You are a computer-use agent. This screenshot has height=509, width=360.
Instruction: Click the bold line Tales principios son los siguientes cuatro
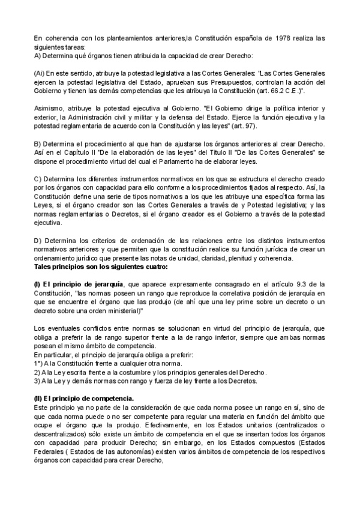[101, 267]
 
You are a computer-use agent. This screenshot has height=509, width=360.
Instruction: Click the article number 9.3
[298, 284]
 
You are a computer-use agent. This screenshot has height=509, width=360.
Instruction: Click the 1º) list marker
[40, 361]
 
